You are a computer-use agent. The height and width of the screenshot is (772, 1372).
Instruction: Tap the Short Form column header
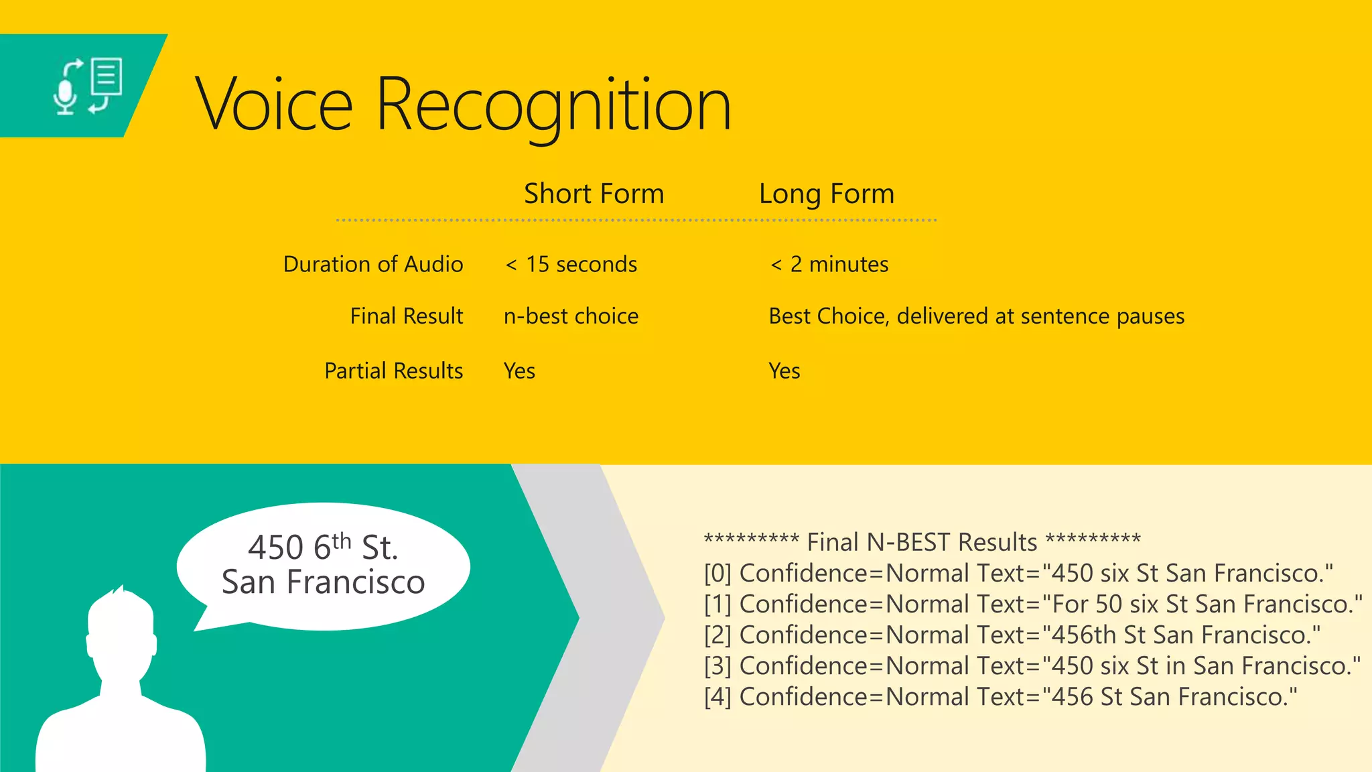coord(594,194)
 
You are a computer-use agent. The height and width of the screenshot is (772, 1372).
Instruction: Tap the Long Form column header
coord(826,194)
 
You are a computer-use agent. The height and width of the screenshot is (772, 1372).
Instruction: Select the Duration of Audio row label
coord(373,264)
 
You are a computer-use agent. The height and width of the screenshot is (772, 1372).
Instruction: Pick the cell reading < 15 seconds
coord(571,264)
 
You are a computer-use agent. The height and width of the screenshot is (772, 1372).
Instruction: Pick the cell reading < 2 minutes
coord(829,264)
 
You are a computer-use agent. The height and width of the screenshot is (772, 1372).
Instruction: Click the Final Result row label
coord(406,316)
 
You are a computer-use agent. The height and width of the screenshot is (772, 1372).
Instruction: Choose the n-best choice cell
coord(571,316)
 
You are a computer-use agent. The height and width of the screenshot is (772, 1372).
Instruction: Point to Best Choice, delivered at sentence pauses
coord(976,316)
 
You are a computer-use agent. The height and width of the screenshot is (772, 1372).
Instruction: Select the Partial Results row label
coord(393,371)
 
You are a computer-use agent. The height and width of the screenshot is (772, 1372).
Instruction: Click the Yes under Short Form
coord(519,371)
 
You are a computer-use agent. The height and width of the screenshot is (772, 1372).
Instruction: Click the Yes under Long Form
coord(784,371)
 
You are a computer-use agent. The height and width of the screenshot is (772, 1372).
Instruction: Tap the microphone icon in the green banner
coord(66,98)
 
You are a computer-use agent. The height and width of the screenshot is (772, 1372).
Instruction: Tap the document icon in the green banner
coord(107,76)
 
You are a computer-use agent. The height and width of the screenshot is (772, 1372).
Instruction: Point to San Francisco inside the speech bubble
coord(323,582)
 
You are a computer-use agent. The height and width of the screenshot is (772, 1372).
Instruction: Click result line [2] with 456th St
coord(1012,635)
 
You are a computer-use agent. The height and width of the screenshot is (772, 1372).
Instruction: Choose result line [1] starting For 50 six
coord(1032,604)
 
